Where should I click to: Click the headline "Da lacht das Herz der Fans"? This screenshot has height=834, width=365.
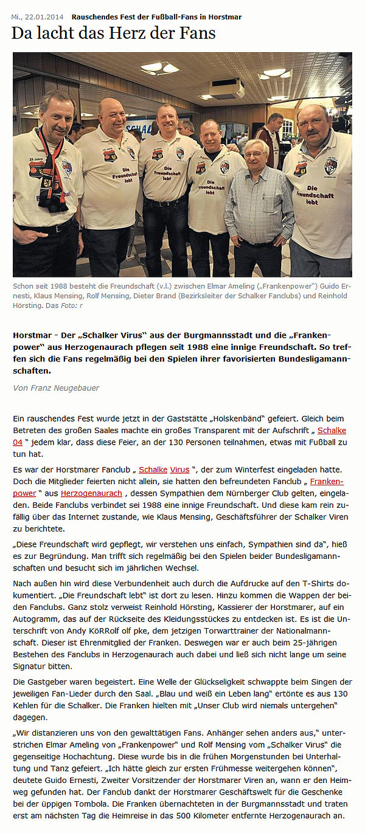(x=113, y=33)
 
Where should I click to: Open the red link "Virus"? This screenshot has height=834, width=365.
(x=179, y=470)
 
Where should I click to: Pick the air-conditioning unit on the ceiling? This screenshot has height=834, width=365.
(x=227, y=89)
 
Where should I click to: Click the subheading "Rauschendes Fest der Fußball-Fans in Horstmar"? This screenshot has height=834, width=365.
(x=156, y=17)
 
